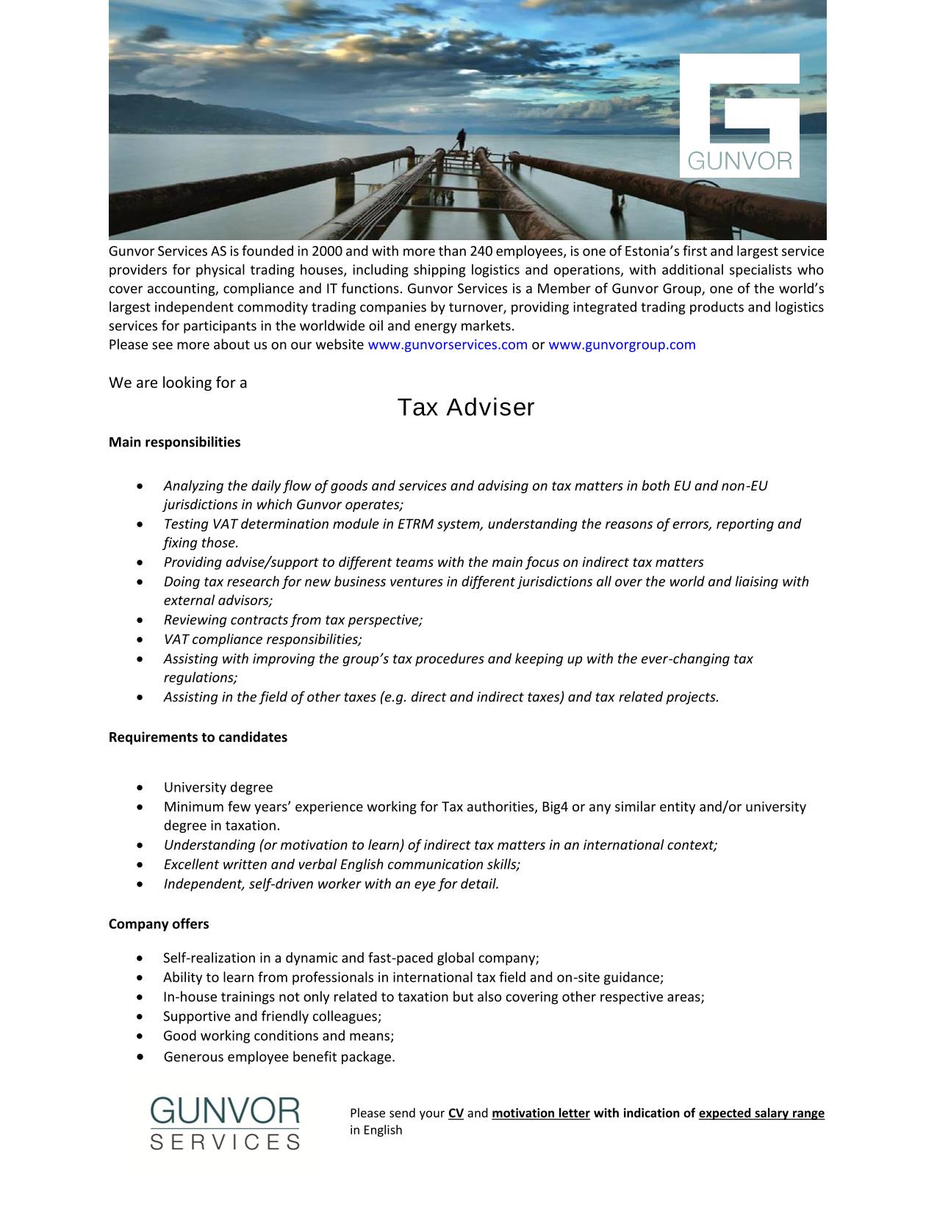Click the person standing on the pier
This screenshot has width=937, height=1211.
(461, 139)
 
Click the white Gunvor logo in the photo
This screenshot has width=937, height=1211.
(739, 115)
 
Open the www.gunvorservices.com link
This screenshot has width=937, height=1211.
(448, 344)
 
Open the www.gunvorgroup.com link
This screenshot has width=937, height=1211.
(622, 344)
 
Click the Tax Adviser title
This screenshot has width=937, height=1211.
(466, 407)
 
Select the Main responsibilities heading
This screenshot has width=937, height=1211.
(175, 442)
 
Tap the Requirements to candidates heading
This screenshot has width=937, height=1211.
(198, 737)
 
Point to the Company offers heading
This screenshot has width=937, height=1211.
(159, 924)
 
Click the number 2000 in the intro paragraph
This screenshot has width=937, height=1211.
(327, 251)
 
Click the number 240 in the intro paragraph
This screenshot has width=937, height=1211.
(481, 251)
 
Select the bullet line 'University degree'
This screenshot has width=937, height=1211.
(218, 787)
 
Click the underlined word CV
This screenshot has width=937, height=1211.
(456, 1113)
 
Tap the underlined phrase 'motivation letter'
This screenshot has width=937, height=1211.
(541, 1113)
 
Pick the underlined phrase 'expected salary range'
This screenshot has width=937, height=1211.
(761, 1113)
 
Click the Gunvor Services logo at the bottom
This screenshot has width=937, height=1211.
(225, 1123)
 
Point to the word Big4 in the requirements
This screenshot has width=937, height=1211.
(555, 806)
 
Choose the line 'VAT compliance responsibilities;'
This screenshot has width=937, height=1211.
(263, 639)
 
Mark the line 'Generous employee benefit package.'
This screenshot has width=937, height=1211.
(279, 1057)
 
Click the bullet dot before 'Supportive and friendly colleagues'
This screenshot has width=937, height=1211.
(140, 1017)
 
